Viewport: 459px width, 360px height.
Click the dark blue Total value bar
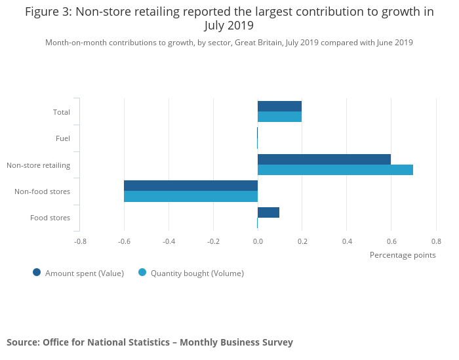click(x=279, y=106)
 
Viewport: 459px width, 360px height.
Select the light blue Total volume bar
click(x=279, y=117)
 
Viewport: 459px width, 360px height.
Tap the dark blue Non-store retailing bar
click(x=324, y=159)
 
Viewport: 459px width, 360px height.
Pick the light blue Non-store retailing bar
click(x=335, y=170)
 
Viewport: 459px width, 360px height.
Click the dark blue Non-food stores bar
click(x=191, y=186)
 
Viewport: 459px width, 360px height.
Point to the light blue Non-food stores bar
click(x=191, y=196)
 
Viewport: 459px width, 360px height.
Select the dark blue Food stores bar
click(x=268, y=212)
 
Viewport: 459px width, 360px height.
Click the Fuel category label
click(x=63, y=138)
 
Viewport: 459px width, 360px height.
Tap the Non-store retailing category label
click(x=38, y=165)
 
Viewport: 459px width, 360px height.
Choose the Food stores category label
click(x=50, y=218)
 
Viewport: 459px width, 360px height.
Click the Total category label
click(x=62, y=112)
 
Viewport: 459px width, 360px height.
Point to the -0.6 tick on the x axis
click(x=124, y=241)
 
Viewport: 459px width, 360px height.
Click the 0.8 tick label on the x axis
click(x=436, y=241)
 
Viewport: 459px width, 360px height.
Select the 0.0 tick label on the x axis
click(x=258, y=241)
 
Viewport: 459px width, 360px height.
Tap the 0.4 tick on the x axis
click(x=347, y=241)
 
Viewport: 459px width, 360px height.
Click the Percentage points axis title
click(x=403, y=255)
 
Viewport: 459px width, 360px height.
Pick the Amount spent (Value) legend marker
click(x=37, y=273)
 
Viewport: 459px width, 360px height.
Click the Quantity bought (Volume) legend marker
click(x=142, y=273)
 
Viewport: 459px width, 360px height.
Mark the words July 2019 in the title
click(x=229, y=26)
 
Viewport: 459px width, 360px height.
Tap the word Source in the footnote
click(x=22, y=342)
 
